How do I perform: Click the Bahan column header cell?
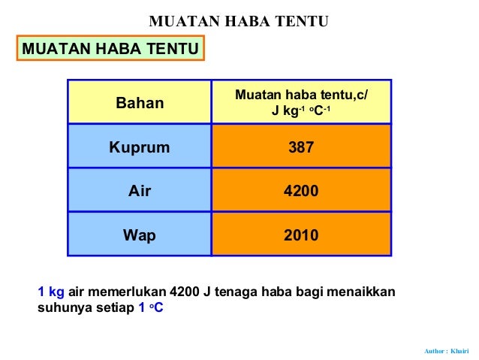(x=140, y=103)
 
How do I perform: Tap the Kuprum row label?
(x=140, y=147)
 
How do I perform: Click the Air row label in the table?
(x=140, y=191)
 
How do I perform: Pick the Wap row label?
(x=140, y=235)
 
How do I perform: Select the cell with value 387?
(x=301, y=147)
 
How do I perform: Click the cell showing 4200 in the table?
(x=301, y=191)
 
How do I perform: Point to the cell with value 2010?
(x=301, y=235)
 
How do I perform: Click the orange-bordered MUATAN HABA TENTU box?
(x=111, y=50)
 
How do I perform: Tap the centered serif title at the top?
(x=239, y=21)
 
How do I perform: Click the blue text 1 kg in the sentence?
(x=51, y=292)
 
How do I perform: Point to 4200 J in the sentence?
(x=190, y=292)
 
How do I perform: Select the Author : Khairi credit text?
(x=446, y=351)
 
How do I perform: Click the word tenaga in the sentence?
(x=235, y=292)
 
